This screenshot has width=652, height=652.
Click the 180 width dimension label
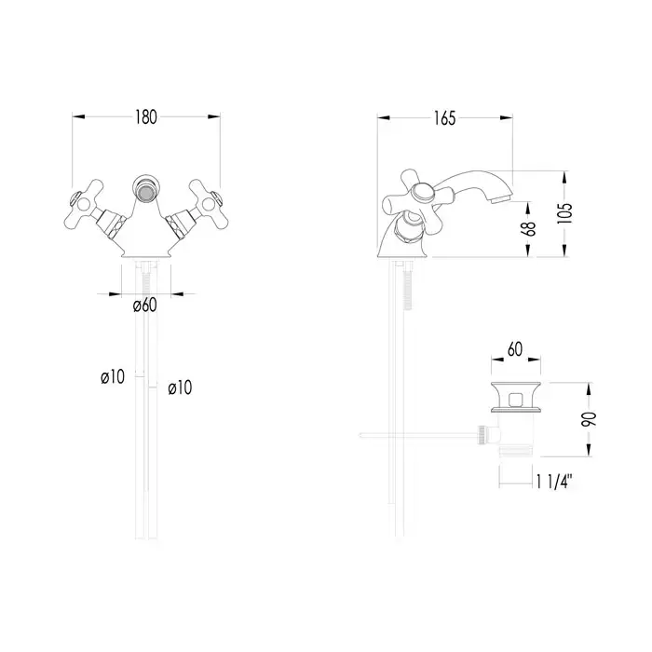pyautogui.click(x=146, y=117)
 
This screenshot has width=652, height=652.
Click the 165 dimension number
pyautogui.click(x=444, y=118)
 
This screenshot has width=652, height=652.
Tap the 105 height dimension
pyautogui.click(x=564, y=213)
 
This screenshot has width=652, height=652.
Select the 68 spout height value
pyautogui.click(x=528, y=228)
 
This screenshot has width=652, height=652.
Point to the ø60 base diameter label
pyautogui.click(x=145, y=306)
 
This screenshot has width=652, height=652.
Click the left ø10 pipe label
pyautogui.click(x=113, y=377)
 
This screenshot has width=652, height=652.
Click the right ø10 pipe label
pyautogui.click(x=180, y=388)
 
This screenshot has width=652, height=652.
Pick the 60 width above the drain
pyautogui.click(x=515, y=349)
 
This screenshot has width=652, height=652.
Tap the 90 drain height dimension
pyautogui.click(x=589, y=419)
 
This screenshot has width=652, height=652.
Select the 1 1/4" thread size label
pyautogui.click(x=554, y=482)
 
